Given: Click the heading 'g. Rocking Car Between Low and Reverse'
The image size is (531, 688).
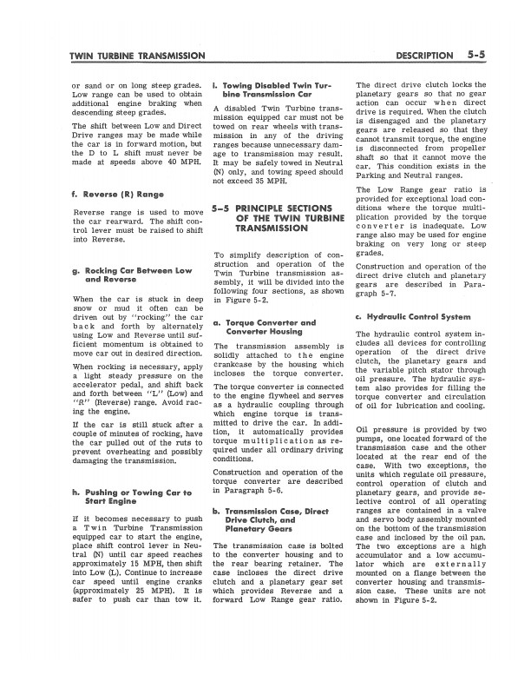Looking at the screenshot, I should [x=133, y=276].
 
